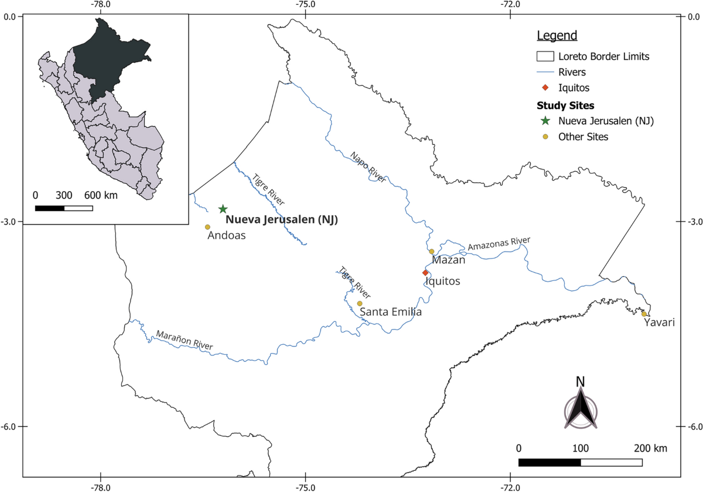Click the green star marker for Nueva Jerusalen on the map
tap(223, 209)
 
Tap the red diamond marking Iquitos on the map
tap(426, 273)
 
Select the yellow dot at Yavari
tap(644, 314)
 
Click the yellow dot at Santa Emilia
tap(360, 303)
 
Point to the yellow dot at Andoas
tap(207, 227)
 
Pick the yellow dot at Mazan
tap(432, 252)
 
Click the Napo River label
tap(368, 167)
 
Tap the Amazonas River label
tap(499, 243)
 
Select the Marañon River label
tap(184, 342)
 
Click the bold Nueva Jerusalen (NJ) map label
tap(282, 220)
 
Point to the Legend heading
tap(557, 36)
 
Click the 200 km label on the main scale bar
tap(650, 449)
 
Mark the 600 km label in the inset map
tap(100, 195)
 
